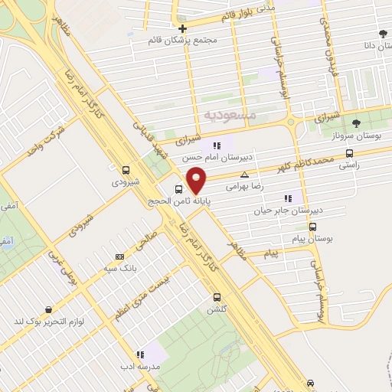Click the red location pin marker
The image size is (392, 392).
(197, 179)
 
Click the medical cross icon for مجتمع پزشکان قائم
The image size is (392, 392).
(182, 28)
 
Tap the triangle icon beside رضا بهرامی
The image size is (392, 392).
(245, 175)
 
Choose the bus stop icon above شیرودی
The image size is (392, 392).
(126, 170)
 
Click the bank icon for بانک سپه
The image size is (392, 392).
(119, 256)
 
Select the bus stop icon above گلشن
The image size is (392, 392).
(217, 297)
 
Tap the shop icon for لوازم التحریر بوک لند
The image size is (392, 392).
(49, 310)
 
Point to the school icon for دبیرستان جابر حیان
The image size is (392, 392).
(288, 198)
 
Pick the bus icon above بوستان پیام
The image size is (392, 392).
(312, 227)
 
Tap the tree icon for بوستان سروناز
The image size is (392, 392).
(354, 123)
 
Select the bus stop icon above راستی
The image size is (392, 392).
(350, 152)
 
